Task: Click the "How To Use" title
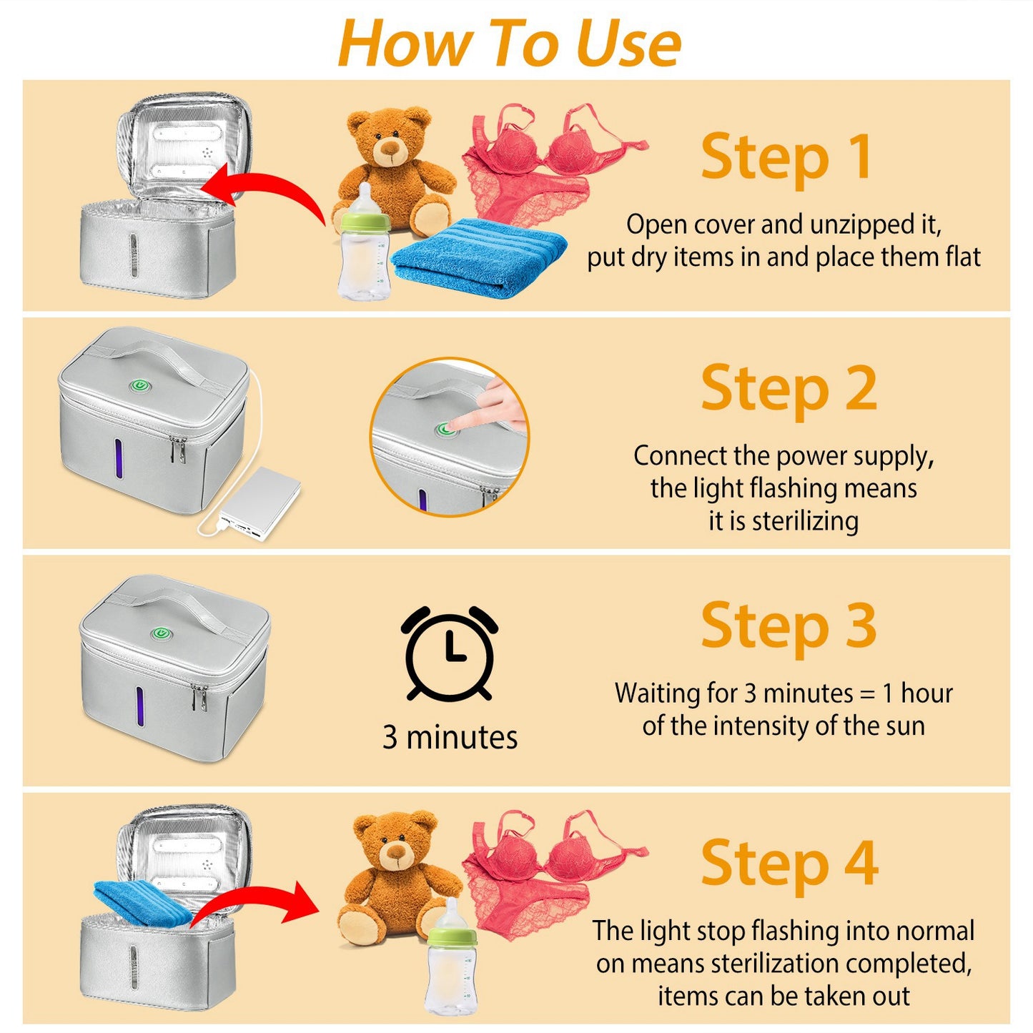point(509,43)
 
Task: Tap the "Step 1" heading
point(786,157)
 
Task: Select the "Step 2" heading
point(789,388)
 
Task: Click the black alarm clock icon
point(449,653)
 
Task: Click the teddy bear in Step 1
point(394,172)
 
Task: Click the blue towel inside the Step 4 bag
point(143,902)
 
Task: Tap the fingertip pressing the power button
point(456,425)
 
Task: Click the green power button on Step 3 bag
point(160,633)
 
